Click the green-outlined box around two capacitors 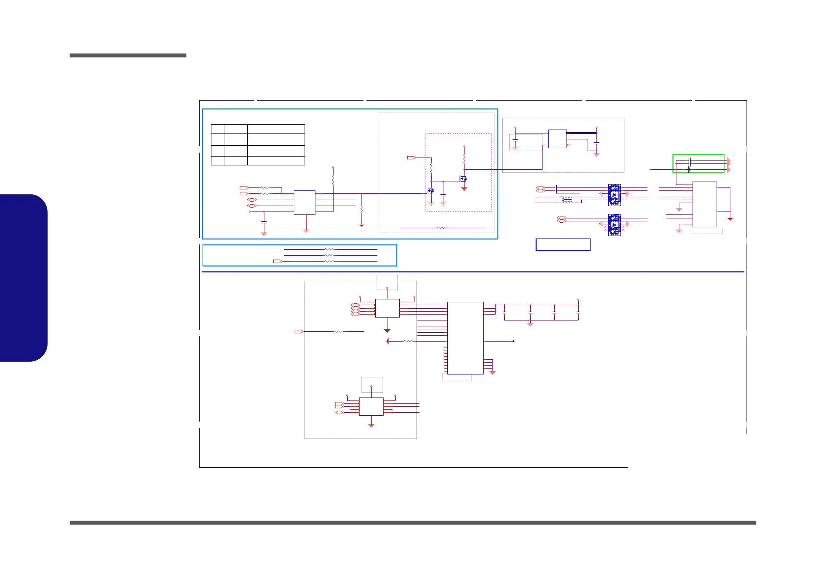pos(698,163)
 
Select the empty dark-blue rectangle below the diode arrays pos(563,244)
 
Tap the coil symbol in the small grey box pos(567,199)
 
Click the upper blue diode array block pos(614,195)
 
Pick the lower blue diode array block pos(614,225)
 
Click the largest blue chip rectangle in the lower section pos(465,338)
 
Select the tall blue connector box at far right pos(704,204)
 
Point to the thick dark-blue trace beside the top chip pos(582,133)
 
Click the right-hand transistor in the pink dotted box pos(463,178)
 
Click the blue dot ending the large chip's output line pos(513,341)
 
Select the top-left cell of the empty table pos(217,129)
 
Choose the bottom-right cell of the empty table pos(276,160)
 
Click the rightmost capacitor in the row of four pos(578,312)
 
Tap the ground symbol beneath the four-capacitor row pos(530,324)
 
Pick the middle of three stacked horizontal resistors pos(329,255)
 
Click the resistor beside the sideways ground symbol pos(408,341)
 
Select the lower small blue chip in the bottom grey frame pos(371,406)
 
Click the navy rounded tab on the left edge pos(24,278)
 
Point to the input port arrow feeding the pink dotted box pos(412,158)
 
